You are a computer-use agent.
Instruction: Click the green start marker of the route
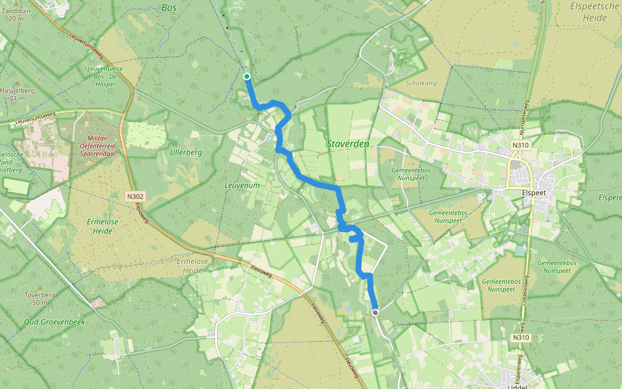pos(247,77)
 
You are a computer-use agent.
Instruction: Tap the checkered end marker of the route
pos(375,312)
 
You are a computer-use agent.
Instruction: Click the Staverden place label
pos(348,144)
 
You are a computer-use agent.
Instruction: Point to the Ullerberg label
pos(186,153)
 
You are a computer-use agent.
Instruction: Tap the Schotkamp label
pos(422,84)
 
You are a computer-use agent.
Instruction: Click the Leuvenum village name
pos(242,185)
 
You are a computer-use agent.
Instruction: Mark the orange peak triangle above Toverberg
pos(40,287)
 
